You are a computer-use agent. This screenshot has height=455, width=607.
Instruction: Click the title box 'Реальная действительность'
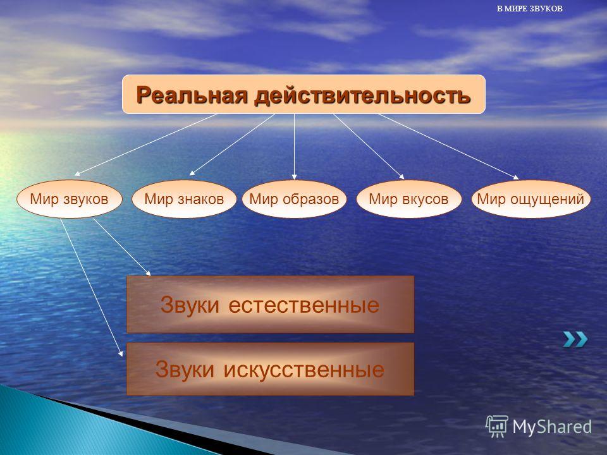click(x=303, y=94)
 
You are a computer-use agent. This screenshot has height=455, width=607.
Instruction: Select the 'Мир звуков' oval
click(x=70, y=199)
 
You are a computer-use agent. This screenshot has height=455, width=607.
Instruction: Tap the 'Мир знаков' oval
click(x=184, y=199)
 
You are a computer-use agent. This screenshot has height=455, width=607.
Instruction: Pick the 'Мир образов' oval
click(x=294, y=199)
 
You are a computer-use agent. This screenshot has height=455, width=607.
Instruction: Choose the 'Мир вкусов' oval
click(x=409, y=199)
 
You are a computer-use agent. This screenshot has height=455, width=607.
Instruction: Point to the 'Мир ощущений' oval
click(x=530, y=199)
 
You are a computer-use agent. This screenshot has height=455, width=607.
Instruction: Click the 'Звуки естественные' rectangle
click(x=270, y=304)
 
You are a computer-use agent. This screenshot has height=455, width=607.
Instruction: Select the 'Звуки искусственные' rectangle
click(x=270, y=368)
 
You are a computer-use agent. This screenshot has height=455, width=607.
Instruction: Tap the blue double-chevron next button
click(x=575, y=339)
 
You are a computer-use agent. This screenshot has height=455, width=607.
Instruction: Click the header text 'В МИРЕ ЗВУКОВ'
click(x=530, y=8)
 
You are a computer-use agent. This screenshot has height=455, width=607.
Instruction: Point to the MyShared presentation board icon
click(x=497, y=426)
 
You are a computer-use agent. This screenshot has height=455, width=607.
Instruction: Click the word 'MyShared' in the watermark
click(x=552, y=427)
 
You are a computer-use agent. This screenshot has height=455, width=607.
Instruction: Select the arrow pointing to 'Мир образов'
click(x=294, y=147)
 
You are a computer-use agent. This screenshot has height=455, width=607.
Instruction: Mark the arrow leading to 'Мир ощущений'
click(x=448, y=147)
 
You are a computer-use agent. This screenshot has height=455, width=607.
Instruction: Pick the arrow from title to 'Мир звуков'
click(x=145, y=145)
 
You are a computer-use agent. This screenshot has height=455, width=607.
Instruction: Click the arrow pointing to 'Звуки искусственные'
click(x=92, y=287)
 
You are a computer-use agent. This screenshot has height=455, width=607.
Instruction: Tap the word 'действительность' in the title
click(x=362, y=95)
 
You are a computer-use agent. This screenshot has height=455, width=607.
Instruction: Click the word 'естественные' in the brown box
click(x=304, y=305)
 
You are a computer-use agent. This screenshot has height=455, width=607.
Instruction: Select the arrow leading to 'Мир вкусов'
click(x=369, y=147)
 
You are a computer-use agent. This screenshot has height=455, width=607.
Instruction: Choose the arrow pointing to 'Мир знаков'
click(x=232, y=145)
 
